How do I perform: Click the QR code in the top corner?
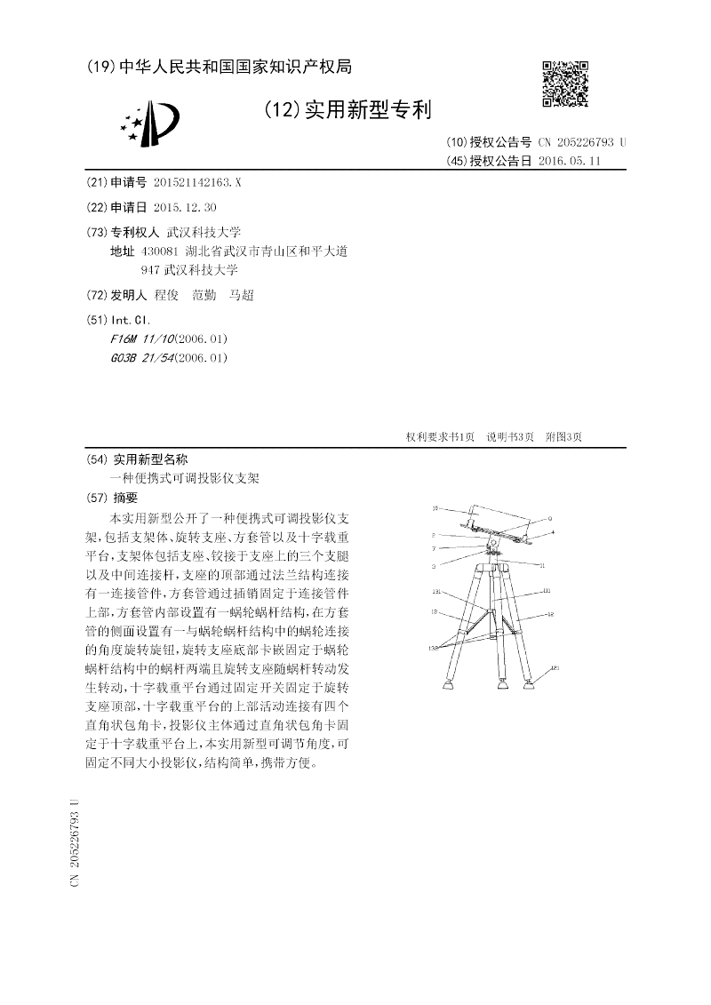pos(564,84)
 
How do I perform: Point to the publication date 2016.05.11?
pos(571,161)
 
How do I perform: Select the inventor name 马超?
pos(241,296)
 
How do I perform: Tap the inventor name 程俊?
pos(167,296)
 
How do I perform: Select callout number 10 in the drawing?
pos(435,509)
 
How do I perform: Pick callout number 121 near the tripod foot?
pos(555,668)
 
